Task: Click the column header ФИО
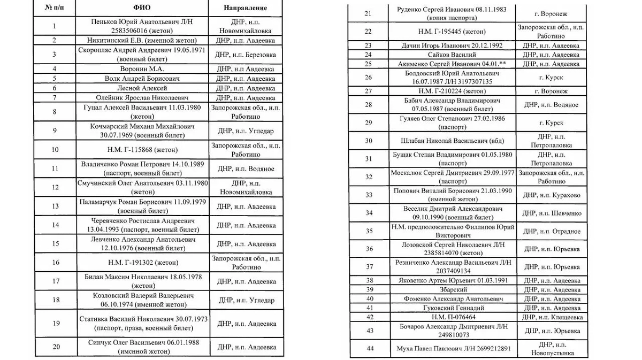142,9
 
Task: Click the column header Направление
246,9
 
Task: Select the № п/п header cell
55,9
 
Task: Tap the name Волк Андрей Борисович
142,79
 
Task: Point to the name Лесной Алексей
142,88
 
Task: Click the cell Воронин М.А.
142,69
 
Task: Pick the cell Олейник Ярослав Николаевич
142,98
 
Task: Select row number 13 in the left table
55,206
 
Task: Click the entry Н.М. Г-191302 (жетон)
142,263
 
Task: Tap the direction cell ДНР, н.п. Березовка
246,54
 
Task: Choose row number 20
55,347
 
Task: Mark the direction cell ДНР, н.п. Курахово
552,195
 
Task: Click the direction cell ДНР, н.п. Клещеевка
552,317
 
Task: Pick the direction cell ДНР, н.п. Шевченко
552,213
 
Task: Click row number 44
368,349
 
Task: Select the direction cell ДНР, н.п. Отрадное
552,231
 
